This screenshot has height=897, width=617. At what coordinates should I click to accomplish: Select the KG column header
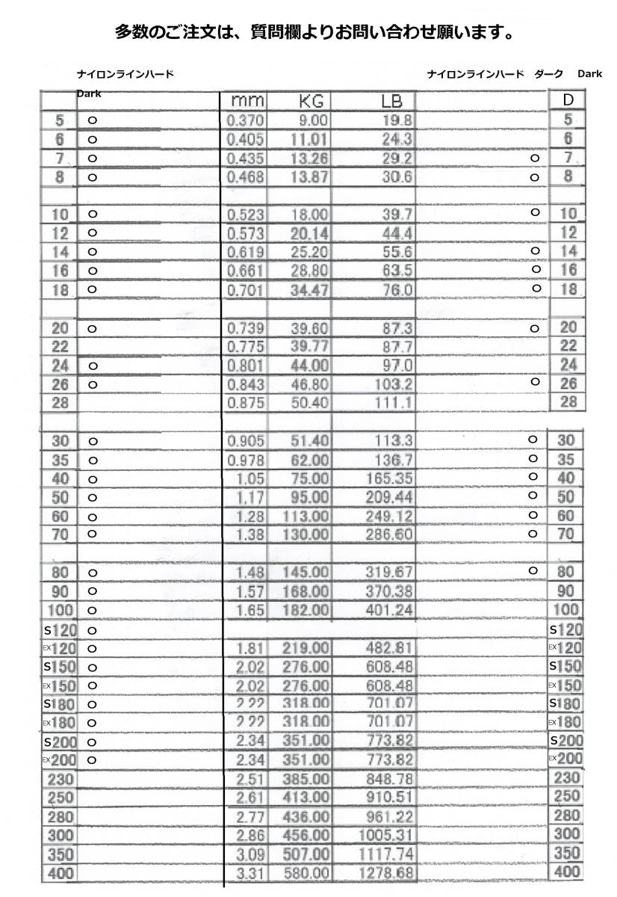(x=310, y=101)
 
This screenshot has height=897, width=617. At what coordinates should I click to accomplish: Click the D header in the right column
(x=568, y=100)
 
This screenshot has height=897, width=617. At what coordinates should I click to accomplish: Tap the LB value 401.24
(x=389, y=611)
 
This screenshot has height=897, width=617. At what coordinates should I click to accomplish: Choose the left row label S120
(x=60, y=630)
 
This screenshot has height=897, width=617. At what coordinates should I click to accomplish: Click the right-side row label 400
(x=568, y=872)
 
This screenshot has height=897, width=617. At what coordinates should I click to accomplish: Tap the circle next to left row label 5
(x=93, y=120)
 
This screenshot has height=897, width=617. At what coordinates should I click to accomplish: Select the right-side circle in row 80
(x=533, y=571)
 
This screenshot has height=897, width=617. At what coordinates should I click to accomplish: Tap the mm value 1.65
(x=250, y=611)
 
